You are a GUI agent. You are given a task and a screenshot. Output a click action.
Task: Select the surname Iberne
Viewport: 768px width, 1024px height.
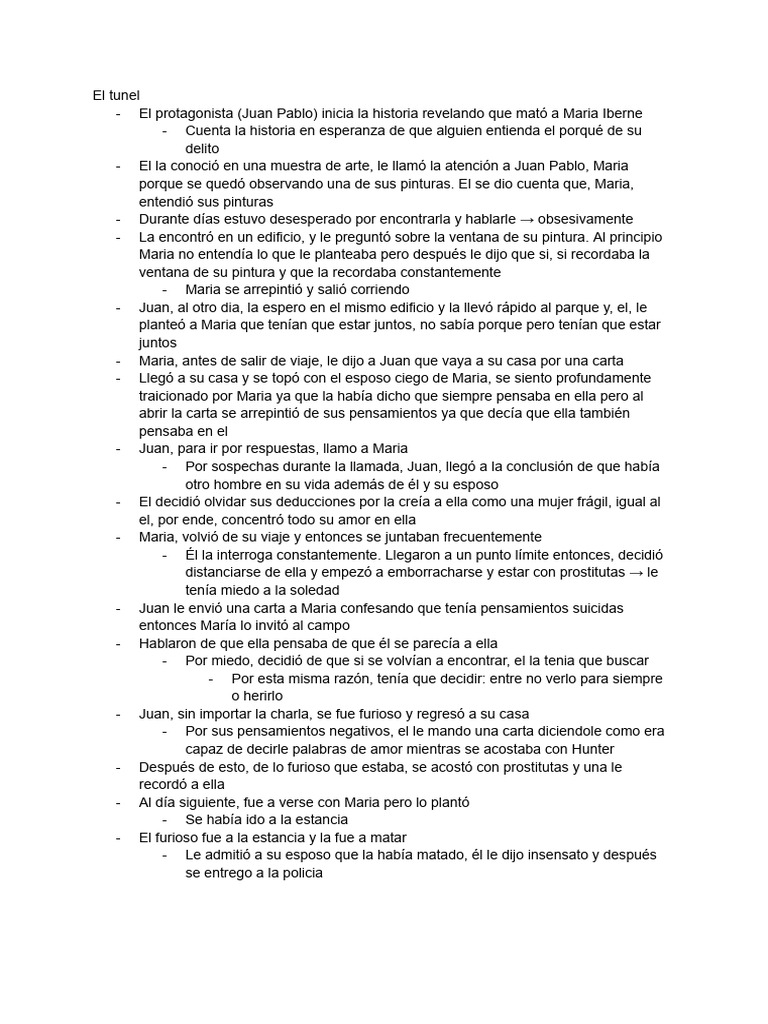(x=618, y=113)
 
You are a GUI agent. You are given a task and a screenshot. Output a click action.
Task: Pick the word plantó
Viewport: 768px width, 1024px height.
(x=444, y=802)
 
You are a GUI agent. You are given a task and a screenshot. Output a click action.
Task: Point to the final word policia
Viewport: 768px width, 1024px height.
(x=300, y=873)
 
